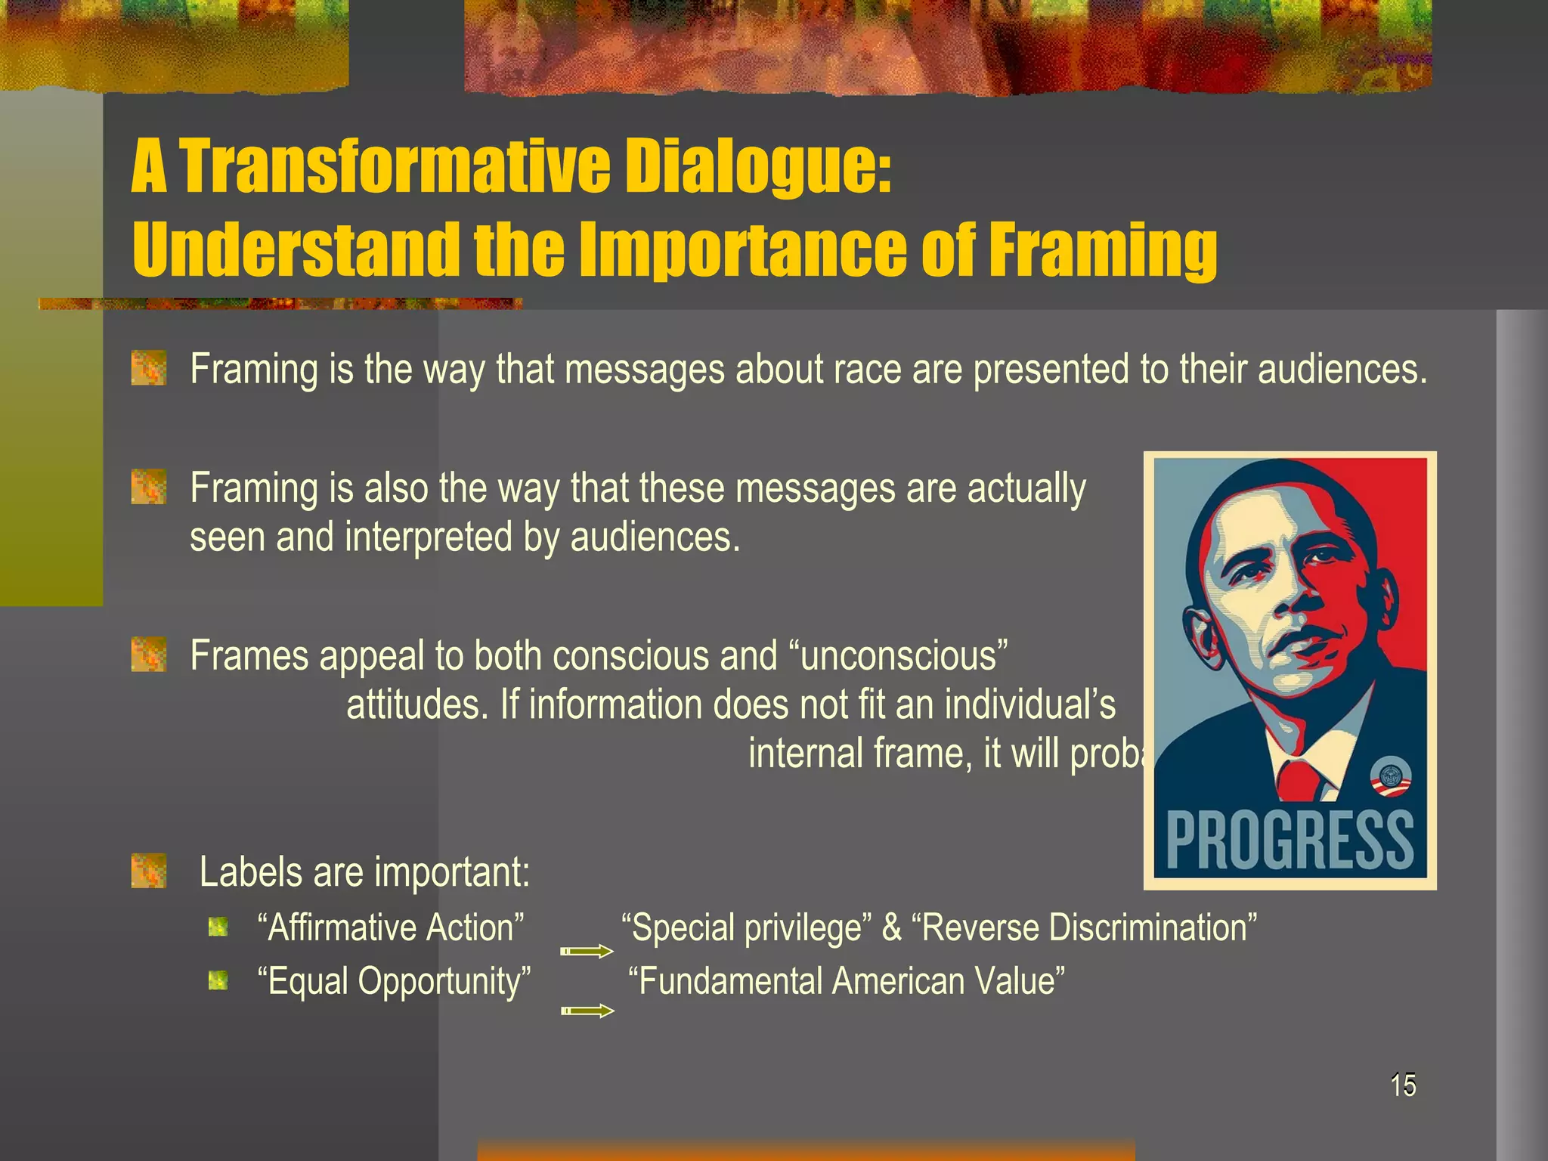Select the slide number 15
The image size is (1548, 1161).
pos(1403,1085)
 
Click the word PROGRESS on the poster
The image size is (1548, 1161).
pos(1289,841)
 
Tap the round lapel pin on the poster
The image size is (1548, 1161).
pos(1391,779)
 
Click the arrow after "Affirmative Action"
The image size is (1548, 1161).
pos(587,952)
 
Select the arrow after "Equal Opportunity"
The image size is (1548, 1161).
pos(587,1011)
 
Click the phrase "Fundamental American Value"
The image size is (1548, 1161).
pos(847,981)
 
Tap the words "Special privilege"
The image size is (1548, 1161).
pos(746,927)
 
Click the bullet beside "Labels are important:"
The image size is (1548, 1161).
pos(149,871)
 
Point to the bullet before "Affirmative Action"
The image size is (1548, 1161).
pos(218,927)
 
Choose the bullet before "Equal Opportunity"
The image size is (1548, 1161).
pos(218,980)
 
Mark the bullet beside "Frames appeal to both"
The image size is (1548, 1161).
pos(149,654)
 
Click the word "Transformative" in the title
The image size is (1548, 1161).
pos(395,168)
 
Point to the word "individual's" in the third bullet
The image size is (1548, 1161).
pos(1030,704)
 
